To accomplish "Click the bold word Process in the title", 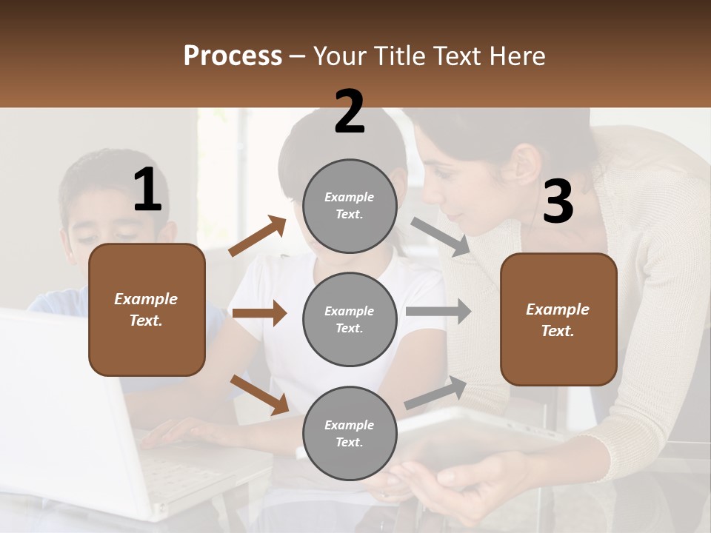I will click(x=233, y=56).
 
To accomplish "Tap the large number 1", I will click(x=147, y=190).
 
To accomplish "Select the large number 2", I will click(x=350, y=112).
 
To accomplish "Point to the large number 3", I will click(x=558, y=202).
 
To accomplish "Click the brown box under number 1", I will click(x=147, y=309).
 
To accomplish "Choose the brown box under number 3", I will click(x=558, y=319).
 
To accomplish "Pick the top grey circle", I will click(x=350, y=206).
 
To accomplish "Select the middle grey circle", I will click(x=350, y=319).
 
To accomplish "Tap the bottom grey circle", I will click(x=350, y=433).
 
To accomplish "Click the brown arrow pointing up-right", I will click(x=258, y=236).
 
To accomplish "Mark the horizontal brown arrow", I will click(x=259, y=313).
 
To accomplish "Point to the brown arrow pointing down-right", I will click(x=259, y=395).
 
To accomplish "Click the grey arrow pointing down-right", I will click(x=440, y=237).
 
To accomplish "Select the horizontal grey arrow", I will click(x=438, y=311).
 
